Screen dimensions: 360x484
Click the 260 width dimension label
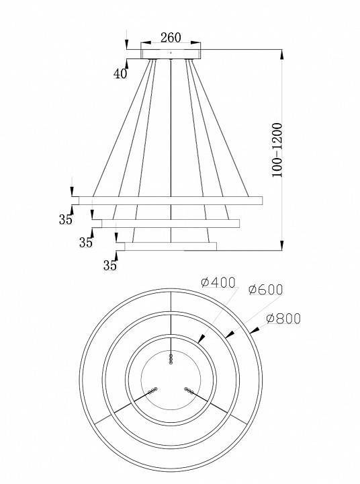tap(171, 38)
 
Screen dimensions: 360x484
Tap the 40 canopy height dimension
tap(120, 74)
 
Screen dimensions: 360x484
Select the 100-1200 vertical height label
tap(277, 150)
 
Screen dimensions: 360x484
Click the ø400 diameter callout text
tap(218, 282)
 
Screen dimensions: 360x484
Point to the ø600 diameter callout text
tap(265, 290)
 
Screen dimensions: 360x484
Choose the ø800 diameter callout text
tap(283, 319)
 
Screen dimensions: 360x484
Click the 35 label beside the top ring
tap(66, 219)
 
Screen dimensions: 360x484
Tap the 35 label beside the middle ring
tap(86, 243)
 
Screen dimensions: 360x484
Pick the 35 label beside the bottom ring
tap(110, 266)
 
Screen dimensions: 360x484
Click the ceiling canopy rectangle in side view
tap(171, 54)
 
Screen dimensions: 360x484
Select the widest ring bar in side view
tap(171, 200)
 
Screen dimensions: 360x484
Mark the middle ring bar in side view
tap(171, 223)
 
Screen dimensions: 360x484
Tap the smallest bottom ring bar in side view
tap(171, 246)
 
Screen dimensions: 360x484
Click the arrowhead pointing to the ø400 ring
tap(201, 339)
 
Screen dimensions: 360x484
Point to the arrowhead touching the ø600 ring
tap(230, 334)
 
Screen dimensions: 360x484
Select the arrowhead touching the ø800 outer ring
tap(254, 331)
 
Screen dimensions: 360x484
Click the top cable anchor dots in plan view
tap(171, 359)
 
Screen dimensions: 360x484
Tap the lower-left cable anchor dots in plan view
tap(152, 391)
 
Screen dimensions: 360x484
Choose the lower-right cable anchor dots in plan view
tap(189, 391)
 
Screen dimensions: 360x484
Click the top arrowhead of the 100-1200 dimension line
tap(281, 54)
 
